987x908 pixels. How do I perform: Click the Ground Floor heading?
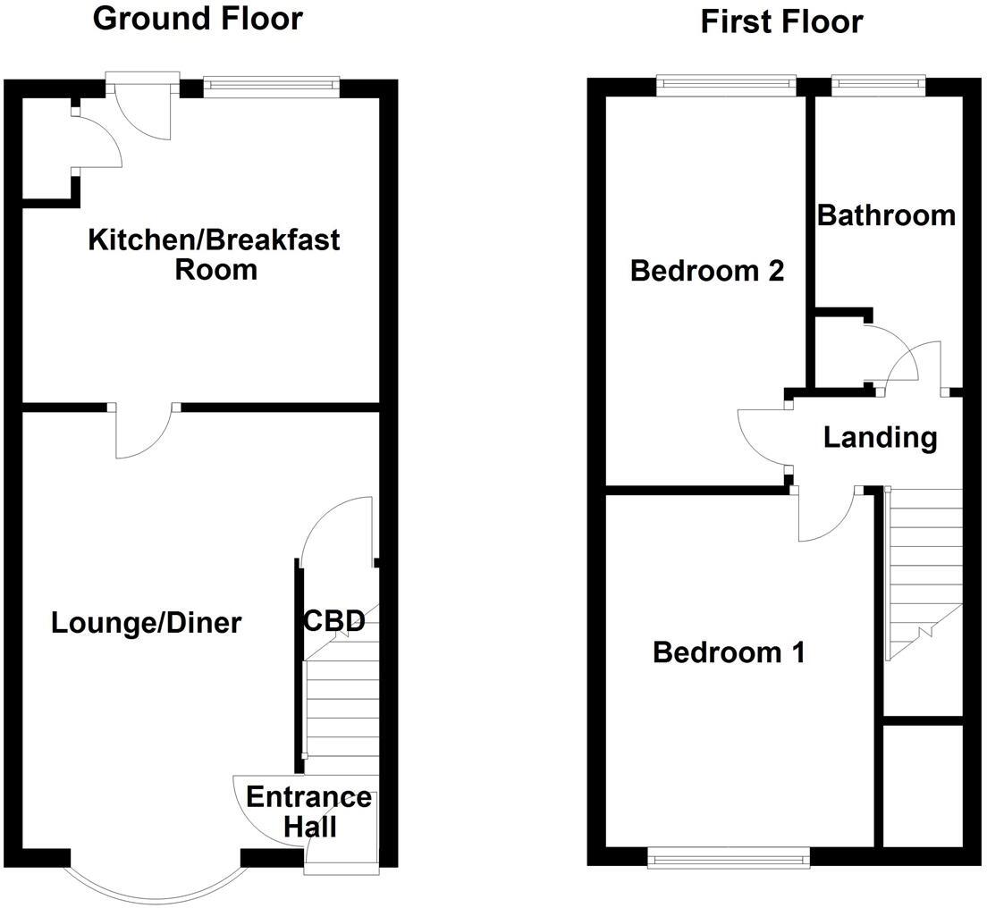(198, 19)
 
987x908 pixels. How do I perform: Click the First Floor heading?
(781, 21)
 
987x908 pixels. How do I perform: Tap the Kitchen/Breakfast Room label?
(215, 255)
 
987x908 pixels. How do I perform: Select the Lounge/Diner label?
(146, 623)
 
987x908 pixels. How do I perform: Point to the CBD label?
(334, 620)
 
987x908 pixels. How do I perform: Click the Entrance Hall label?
(308, 811)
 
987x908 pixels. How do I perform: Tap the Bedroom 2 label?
(706, 270)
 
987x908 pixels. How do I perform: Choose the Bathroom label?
(886, 215)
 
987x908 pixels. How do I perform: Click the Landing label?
(880, 438)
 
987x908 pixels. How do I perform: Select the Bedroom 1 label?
(729, 652)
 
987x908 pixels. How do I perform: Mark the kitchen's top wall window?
(271, 87)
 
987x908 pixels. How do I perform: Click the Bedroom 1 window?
(729, 858)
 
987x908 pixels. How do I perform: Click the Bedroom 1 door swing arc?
(827, 517)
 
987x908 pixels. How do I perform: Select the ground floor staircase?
(341, 706)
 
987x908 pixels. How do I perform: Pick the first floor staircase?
(924, 572)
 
